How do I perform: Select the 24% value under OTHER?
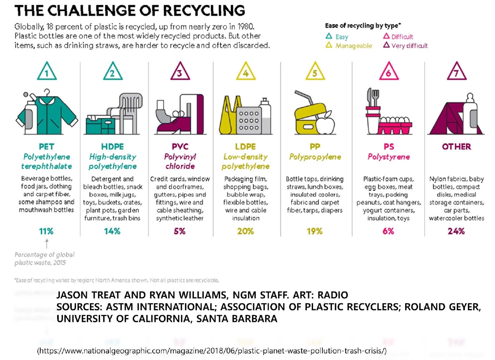tap(456, 231)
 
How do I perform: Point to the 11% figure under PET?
tap(46, 231)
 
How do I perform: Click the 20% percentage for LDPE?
tap(245, 231)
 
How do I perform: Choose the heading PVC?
tap(179, 147)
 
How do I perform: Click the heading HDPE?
tap(112, 147)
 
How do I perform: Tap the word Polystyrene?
tap(388, 157)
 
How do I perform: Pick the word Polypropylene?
tap(315, 157)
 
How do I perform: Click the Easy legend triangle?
tap(328, 37)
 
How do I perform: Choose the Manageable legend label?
tap(353, 46)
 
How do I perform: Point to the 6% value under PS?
tap(388, 231)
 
